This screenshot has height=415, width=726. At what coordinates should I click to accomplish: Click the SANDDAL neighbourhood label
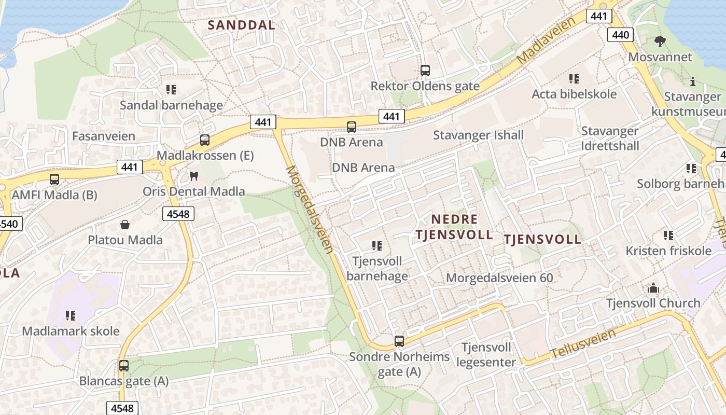click(241, 25)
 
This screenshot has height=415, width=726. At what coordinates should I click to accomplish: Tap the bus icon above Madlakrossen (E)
click(205, 140)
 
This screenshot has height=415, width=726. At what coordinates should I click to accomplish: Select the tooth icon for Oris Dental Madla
click(194, 176)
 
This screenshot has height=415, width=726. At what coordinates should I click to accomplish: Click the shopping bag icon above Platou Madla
click(124, 225)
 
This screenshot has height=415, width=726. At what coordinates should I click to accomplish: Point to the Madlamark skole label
click(71, 331)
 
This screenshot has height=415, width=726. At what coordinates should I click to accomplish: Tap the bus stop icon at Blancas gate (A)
click(123, 366)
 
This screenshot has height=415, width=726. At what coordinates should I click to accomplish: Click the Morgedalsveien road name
click(309, 209)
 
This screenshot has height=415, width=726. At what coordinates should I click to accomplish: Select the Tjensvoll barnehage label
click(377, 268)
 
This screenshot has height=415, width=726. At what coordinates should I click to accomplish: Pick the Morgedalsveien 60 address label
click(499, 278)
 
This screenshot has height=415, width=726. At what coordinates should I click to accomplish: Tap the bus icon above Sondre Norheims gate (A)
click(399, 341)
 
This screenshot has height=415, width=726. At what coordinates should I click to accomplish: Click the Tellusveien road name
click(583, 344)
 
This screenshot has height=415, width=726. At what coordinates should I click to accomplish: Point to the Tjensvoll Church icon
click(653, 287)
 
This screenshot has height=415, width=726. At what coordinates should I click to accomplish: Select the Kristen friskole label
click(668, 251)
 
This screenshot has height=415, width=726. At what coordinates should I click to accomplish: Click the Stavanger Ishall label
click(478, 135)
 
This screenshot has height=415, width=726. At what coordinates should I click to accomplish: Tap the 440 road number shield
click(620, 35)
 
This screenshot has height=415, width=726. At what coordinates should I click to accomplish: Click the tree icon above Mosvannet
click(660, 41)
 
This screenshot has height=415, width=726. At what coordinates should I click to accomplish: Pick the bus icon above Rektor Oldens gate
click(425, 70)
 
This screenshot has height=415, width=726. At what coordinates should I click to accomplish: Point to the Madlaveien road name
click(547, 40)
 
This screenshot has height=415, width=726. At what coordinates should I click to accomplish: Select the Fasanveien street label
click(104, 136)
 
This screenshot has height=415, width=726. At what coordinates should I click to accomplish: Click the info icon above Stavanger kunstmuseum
click(693, 81)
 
